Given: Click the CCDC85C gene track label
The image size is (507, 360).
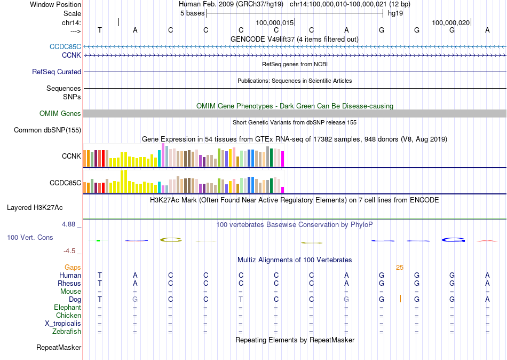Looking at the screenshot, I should (x=66, y=46).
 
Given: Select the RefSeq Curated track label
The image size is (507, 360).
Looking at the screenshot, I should (x=57, y=72).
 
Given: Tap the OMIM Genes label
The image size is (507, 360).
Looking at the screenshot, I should (x=60, y=113).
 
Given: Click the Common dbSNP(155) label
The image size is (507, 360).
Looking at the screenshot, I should (x=47, y=130).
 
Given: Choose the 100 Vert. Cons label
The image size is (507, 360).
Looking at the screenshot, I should (x=30, y=237).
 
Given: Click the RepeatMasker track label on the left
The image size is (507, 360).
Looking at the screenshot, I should (x=59, y=348).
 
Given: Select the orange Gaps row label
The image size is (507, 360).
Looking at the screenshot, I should (x=73, y=267).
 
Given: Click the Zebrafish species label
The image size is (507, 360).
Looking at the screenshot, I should (x=67, y=332).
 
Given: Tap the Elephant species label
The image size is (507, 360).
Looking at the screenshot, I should (x=68, y=307).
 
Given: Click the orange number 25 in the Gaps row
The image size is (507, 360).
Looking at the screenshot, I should (x=400, y=267).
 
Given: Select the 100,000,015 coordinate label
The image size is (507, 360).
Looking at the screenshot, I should (x=275, y=22).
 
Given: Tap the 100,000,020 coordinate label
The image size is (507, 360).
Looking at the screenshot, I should (x=451, y=22).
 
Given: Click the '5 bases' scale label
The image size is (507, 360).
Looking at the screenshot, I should (x=192, y=13).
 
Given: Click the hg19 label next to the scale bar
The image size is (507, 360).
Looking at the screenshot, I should (x=395, y=13).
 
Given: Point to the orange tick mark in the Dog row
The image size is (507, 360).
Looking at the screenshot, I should (x=400, y=299).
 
